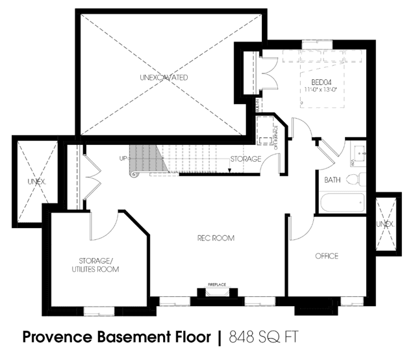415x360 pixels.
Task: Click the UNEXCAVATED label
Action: coord(164,77)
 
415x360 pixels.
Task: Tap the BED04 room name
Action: coord(321,81)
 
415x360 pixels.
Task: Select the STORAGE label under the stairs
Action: coord(245,159)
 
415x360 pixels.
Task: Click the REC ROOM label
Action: coord(216,238)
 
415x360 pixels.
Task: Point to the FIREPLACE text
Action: coord(216,285)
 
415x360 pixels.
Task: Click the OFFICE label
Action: coord(326,256)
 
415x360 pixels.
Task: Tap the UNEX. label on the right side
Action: coord(386,224)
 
